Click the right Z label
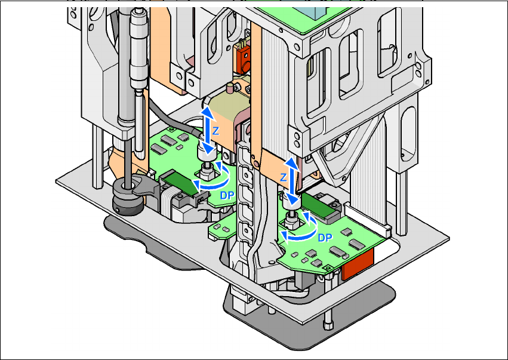284,178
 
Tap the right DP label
324,237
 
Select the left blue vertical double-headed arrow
206,131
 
